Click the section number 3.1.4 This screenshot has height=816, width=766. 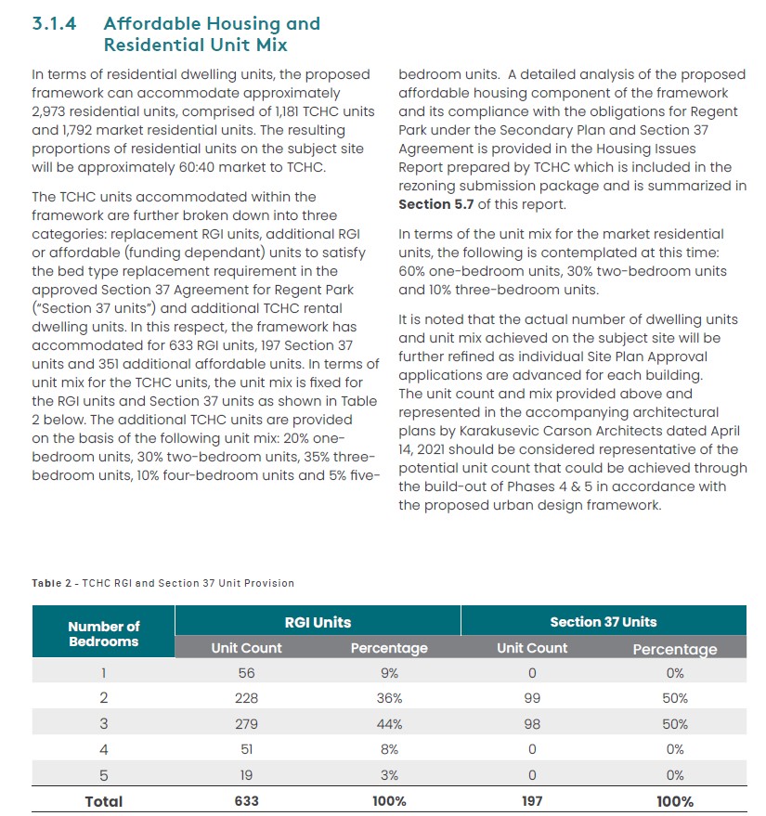point(54,24)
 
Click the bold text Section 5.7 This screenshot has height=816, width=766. point(436,204)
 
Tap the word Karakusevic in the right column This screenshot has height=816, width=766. point(499,431)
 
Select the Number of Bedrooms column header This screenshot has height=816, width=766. point(104,633)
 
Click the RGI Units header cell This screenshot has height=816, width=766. point(318,622)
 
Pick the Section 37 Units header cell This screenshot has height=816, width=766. point(604,622)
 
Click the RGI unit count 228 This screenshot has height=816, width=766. point(246,698)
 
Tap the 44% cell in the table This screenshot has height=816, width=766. point(389,724)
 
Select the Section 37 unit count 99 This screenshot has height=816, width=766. point(532,698)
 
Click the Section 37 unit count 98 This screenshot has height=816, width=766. point(532,724)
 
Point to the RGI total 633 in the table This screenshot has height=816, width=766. point(246,801)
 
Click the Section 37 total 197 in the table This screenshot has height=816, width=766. point(532,801)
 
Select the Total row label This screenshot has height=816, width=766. point(104,801)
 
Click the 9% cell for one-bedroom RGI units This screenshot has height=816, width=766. point(389,673)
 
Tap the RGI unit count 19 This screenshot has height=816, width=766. point(246,775)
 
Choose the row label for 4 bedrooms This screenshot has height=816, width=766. point(104,749)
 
